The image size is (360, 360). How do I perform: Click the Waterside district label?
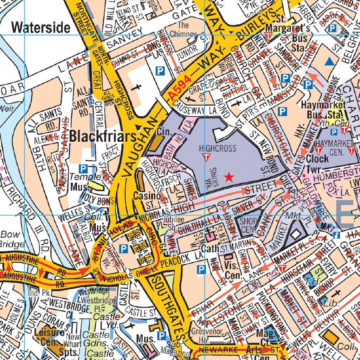(41, 27)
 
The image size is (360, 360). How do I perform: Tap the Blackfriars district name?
(103, 136)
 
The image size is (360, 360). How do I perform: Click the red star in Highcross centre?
(229, 177)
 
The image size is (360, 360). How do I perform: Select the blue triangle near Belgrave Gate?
(329, 62)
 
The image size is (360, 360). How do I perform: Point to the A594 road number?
(179, 89)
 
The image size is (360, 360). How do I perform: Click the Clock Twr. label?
(317, 163)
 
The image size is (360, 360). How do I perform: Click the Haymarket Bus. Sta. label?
(323, 110)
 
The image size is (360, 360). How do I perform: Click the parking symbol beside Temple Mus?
(83, 168)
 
